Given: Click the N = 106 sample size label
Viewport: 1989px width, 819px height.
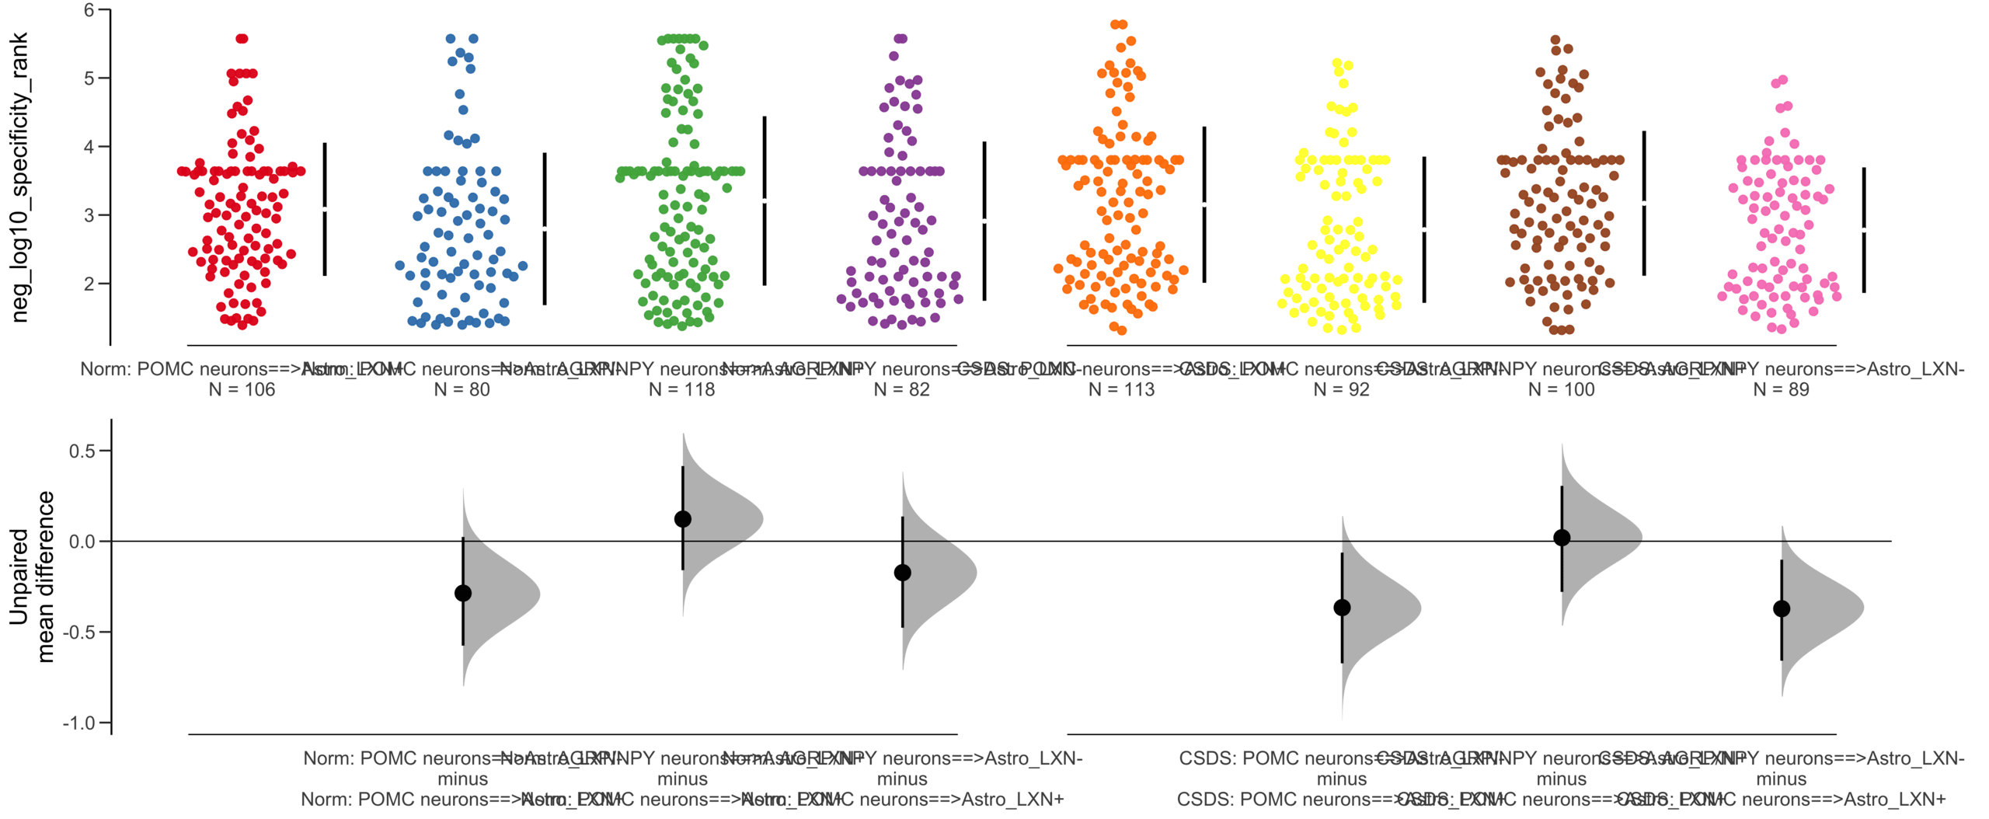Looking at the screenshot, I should click(242, 389).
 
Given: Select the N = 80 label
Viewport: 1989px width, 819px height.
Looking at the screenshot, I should click(462, 389).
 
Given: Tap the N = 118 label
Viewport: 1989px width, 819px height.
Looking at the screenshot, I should click(681, 389).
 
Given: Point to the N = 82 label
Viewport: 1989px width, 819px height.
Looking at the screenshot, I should click(901, 389).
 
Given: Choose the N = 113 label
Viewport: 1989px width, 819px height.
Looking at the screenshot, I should click(1121, 389).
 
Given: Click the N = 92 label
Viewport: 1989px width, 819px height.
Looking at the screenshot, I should click(1341, 389).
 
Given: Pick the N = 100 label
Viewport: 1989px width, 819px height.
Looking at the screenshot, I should click(1561, 389).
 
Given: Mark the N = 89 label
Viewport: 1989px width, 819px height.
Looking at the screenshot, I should click(1781, 389).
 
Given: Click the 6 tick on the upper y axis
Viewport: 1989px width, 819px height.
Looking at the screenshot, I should click(89, 10).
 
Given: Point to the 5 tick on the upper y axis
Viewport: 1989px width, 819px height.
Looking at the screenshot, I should click(89, 78).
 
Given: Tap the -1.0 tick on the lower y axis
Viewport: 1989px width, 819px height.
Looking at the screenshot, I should click(80, 723).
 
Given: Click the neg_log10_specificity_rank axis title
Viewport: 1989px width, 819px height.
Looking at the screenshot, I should click(19, 177).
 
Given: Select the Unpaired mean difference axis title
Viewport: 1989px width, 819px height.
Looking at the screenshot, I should click(31, 577).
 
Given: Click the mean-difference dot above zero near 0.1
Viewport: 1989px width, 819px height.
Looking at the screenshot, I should click(683, 519).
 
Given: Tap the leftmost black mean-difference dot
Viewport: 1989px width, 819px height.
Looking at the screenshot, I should click(463, 593).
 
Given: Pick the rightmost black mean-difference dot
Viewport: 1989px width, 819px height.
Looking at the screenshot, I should click(1782, 608).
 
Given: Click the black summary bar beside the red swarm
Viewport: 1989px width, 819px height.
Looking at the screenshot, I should click(325, 209).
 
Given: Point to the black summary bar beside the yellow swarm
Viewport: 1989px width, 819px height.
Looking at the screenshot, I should click(1424, 229).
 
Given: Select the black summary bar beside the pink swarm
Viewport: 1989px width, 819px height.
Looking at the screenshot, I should click(1864, 229).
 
